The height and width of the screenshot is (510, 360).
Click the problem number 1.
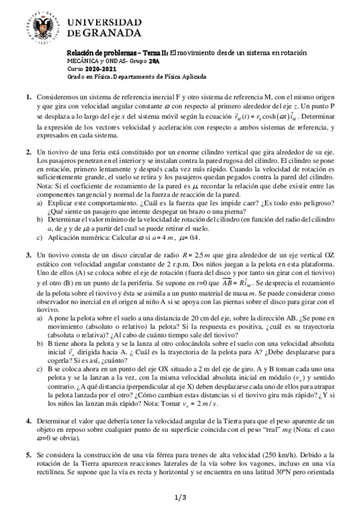(28, 97)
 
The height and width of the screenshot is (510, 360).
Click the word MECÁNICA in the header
(82, 61)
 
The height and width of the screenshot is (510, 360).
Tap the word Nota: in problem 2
(45, 195)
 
